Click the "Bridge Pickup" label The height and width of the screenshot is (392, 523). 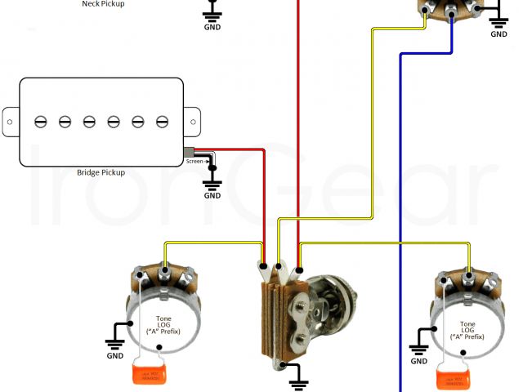tap(101, 172)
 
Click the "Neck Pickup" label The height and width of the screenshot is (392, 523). tap(103, 3)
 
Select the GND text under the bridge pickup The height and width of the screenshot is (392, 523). tap(212, 195)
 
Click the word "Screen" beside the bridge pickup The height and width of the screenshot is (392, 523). tap(195, 161)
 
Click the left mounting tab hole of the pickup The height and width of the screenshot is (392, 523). tap(8, 122)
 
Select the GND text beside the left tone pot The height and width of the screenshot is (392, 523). tap(114, 355)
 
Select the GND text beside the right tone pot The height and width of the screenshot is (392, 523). tap(419, 360)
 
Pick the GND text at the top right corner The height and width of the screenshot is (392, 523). tap(498, 34)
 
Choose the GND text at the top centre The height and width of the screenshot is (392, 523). tap(212, 24)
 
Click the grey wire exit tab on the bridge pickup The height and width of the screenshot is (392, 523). tap(190, 151)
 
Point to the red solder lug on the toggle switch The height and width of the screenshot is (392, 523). tap(299, 269)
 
